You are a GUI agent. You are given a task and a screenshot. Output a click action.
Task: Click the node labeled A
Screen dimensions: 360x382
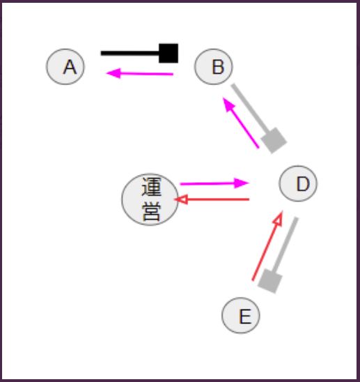point(65,67)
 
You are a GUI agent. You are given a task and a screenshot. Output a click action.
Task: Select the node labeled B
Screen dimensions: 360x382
point(214,67)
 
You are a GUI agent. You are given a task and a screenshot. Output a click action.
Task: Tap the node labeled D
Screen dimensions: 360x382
point(298,183)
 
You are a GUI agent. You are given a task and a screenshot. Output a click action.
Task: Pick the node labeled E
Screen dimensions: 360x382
point(241,315)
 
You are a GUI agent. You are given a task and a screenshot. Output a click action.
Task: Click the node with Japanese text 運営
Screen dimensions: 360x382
point(150,199)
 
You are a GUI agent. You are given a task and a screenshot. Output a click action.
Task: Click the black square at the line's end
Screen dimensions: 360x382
point(169,54)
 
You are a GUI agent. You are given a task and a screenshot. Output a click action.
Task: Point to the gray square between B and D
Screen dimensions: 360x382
point(274,140)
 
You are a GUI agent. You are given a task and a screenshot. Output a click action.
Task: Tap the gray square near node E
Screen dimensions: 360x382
point(270,281)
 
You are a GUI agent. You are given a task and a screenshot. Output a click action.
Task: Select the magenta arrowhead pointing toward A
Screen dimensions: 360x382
point(114,73)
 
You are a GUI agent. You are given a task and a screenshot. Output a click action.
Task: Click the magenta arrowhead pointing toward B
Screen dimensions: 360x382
point(228,104)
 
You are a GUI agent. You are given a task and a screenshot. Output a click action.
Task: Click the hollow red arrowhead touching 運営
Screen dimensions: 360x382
point(181,199)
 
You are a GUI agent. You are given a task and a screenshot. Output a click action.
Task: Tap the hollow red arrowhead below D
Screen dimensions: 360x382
point(279,218)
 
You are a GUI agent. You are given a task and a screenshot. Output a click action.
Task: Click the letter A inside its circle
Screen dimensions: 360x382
point(70,67)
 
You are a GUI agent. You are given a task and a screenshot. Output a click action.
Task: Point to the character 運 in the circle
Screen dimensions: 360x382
point(151,187)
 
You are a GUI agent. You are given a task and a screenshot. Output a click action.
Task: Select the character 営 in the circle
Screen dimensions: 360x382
point(151,211)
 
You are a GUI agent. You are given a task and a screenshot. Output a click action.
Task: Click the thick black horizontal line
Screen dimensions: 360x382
point(130,54)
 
